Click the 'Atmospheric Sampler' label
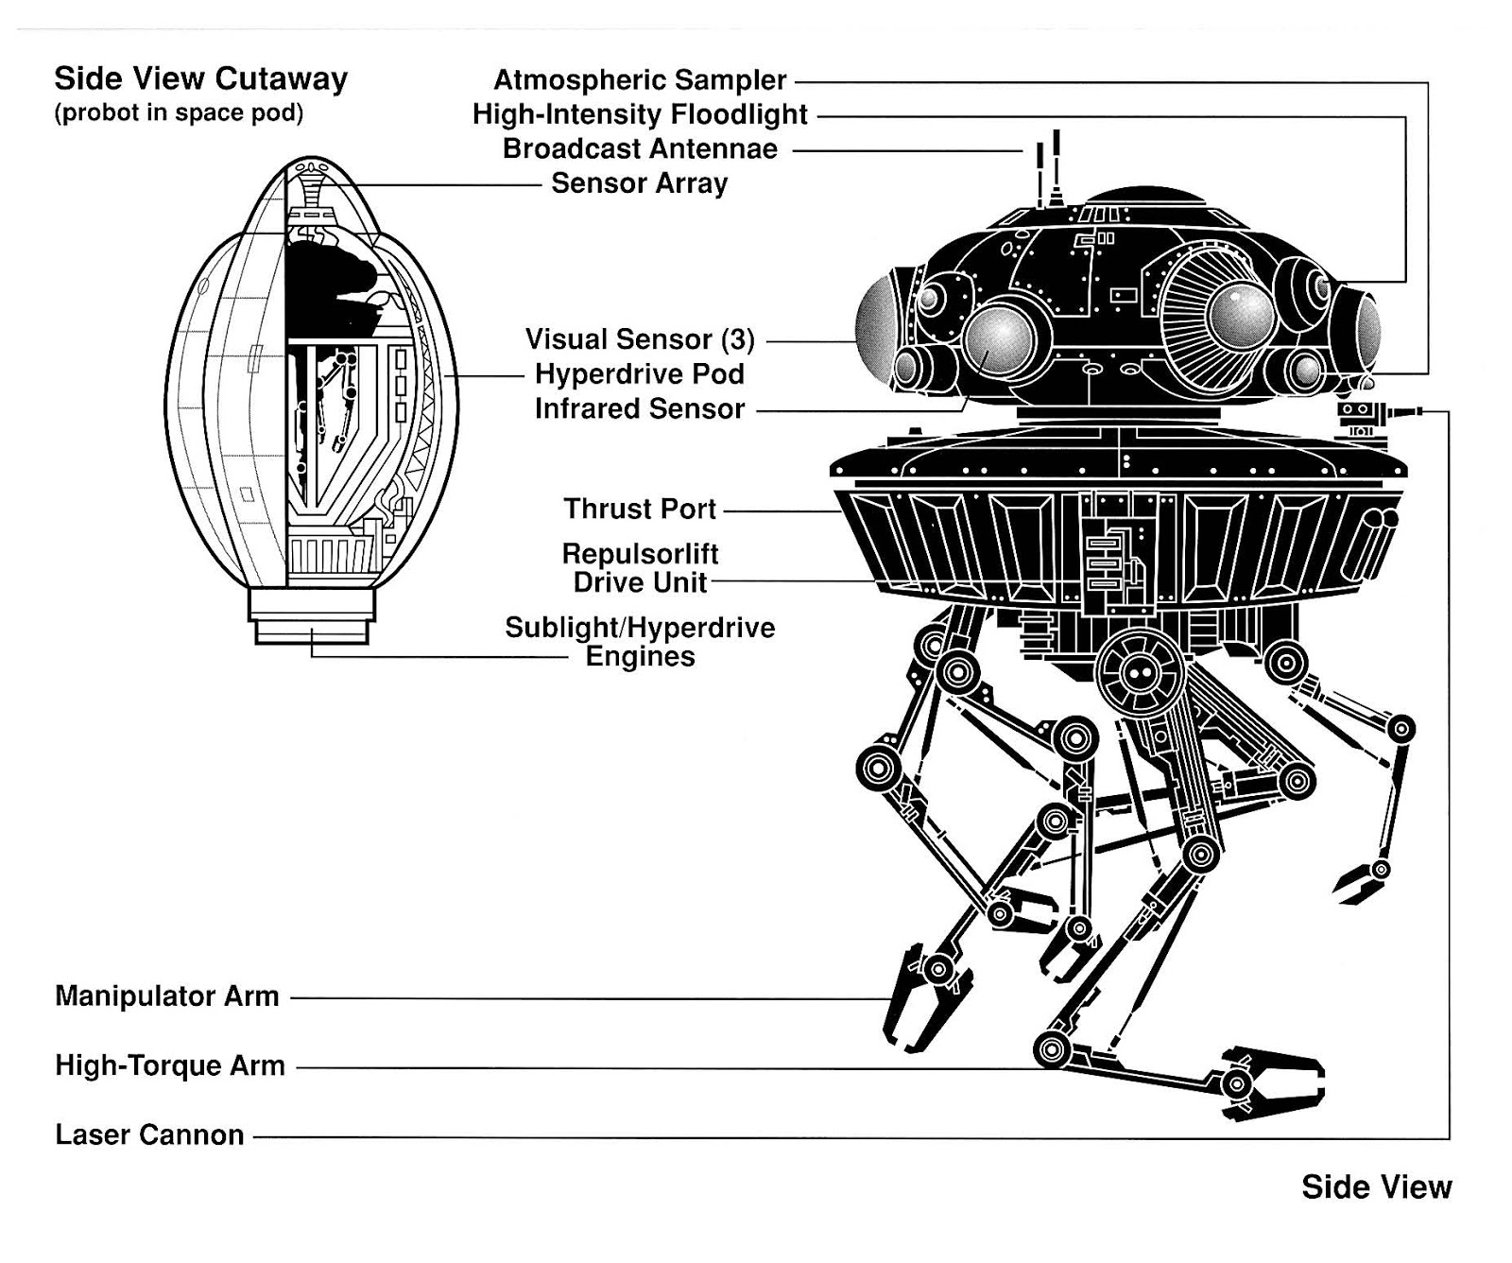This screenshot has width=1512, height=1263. click(640, 80)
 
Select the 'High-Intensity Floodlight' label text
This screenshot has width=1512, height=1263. click(640, 115)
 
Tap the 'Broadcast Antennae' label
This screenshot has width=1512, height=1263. click(640, 149)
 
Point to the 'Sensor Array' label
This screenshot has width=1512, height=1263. click(639, 183)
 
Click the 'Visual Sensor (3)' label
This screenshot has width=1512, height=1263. click(640, 339)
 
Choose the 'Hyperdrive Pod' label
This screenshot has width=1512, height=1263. click(640, 374)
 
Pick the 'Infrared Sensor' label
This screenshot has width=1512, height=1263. click(640, 409)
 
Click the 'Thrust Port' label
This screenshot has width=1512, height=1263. click(640, 510)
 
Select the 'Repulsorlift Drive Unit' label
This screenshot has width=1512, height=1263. click(640, 567)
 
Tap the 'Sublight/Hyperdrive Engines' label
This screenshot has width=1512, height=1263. click(640, 642)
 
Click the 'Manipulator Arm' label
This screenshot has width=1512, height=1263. click(167, 996)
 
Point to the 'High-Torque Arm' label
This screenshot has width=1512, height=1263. click(170, 1066)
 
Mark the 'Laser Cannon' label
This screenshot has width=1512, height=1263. click(149, 1135)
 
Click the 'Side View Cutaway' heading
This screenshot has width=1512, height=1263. click(200, 78)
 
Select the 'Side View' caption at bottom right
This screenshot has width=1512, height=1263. click(1376, 1187)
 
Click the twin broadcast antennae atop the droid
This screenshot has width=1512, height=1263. click(1048, 170)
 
